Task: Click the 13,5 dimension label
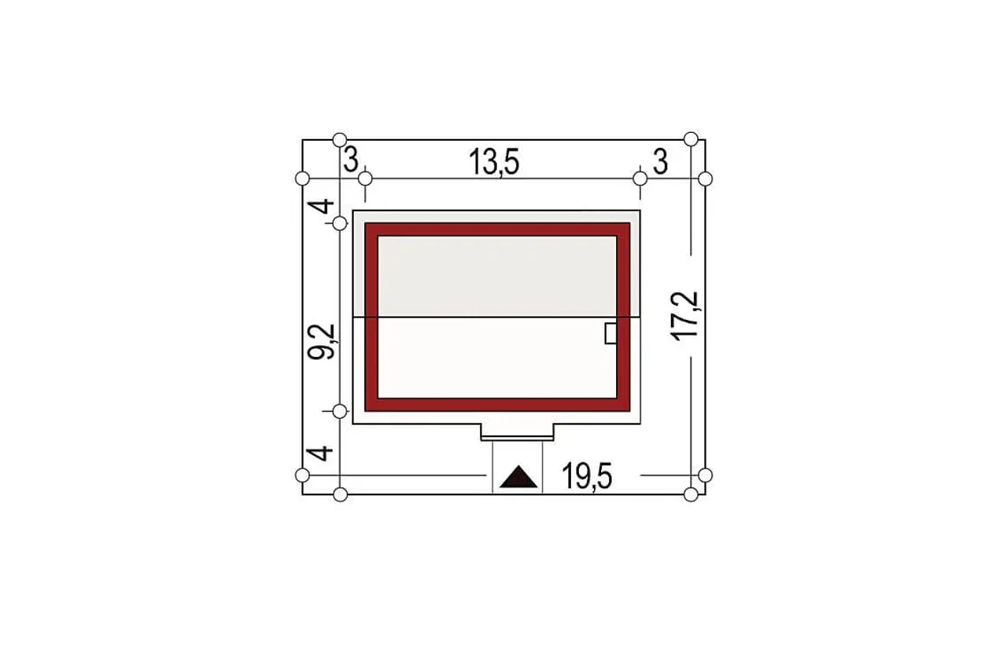(x=494, y=162)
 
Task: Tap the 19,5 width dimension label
(x=587, y=476)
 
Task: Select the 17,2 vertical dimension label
(x=684, y=316)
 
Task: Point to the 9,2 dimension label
(x=321, y=341)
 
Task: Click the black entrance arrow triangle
(x=518, y=476)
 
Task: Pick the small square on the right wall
(x=611, y=333)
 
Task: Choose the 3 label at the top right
(x=660, y=162)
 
